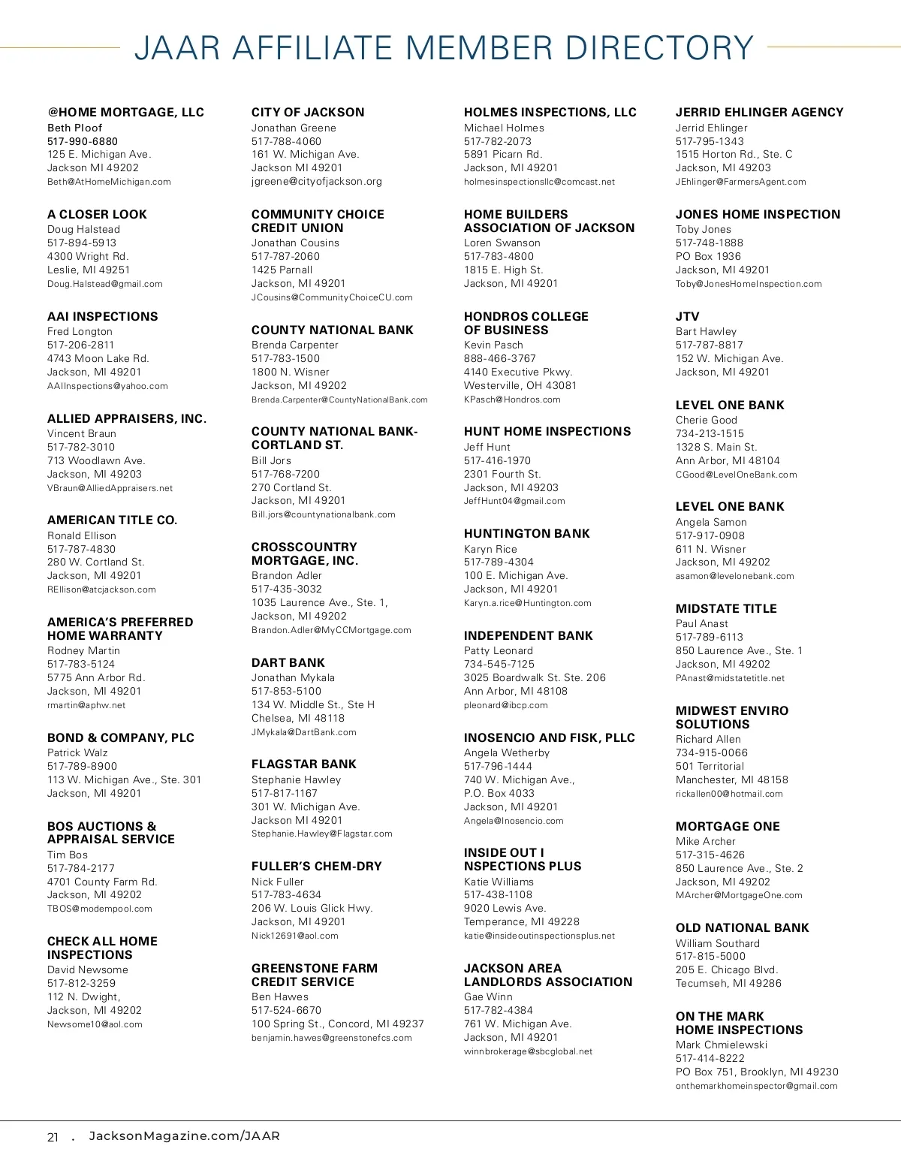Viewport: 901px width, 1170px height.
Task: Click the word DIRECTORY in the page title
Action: [x=658, y=48]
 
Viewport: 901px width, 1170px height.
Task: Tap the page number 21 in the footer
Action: [x=53, y=1137]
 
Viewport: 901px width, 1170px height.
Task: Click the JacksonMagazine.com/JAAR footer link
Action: [x=184, y=1136]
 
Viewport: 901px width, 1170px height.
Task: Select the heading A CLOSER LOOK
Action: [x=97, y=215]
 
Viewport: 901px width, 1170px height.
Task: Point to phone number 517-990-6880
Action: [x=83, y=141]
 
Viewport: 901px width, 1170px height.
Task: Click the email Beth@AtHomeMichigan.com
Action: [x=109, y=182]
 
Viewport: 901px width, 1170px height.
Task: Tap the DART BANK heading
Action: [x=288, y=662]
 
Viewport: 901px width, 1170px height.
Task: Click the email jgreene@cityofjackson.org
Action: [x=317, y=182]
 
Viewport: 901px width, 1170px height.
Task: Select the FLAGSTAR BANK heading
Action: [x=304, y=764]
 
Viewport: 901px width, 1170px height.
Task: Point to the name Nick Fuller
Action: [x=278, y=882]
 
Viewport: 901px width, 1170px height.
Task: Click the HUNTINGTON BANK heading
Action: [x=527, y=534]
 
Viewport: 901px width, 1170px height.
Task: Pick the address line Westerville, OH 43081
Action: [x=520, y=385]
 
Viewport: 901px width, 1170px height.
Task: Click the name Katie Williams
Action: [x=499, y=882]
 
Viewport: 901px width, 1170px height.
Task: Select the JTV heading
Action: [x=687, y=317]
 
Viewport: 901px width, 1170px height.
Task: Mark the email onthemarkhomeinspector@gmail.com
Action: [x=756, y=1086]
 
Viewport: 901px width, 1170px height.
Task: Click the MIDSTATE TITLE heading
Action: [x=726, y=609]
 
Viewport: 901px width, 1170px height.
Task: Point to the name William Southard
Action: [x=718, y=943]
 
